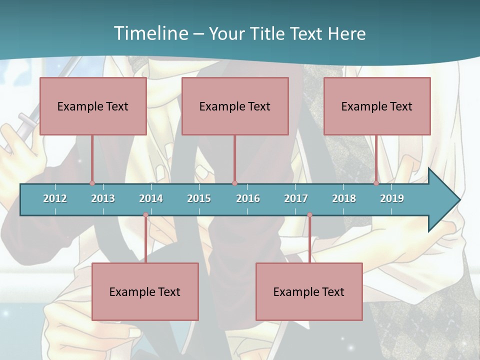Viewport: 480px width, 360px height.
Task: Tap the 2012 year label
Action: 55,198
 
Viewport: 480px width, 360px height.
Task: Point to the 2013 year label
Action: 103,198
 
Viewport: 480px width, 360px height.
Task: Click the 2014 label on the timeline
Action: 151,198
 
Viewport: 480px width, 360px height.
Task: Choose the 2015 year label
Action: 199,198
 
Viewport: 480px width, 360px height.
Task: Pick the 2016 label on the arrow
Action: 248,198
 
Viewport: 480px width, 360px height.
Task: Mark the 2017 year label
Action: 296,198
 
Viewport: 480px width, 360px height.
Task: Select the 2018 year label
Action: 344,198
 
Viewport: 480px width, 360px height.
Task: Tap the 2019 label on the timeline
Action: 392,198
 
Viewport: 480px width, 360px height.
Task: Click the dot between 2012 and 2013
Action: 92,183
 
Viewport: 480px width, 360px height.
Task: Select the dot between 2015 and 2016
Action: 234,183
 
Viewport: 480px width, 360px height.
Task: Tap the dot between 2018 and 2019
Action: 376,183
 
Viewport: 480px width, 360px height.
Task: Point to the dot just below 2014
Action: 145,215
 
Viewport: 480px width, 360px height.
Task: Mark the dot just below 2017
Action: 309,215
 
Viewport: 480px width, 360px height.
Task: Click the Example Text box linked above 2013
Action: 93,106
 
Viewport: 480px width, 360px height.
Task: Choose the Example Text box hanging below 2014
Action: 145,291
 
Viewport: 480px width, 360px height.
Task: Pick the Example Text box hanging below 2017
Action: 309,291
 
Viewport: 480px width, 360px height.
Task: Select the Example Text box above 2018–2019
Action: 377,106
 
